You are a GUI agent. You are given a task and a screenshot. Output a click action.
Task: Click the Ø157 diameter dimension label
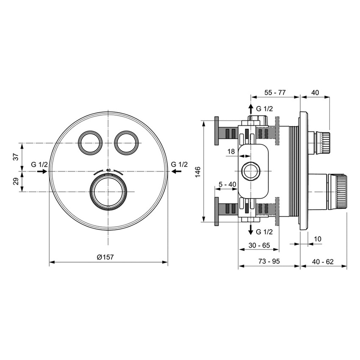(106, 257)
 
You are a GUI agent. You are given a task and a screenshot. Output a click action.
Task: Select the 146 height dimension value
(198, 172)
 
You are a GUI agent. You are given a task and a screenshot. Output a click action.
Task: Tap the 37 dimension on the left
(16, 157)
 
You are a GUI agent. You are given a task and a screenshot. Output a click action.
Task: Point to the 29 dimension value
(16, 182)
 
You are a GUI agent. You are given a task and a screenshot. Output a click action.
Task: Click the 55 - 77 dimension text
(275, 92)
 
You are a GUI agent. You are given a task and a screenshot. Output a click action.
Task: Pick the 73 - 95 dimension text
(270, 262)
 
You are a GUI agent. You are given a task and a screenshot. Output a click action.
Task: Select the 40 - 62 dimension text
(323, 262)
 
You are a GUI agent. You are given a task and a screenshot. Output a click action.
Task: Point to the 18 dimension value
(231, 151)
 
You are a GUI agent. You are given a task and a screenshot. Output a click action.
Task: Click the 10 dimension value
(318, 239)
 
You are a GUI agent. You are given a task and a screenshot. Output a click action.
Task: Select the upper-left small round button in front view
(90, 142)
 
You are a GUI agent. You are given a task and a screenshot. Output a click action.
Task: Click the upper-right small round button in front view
(126, 142)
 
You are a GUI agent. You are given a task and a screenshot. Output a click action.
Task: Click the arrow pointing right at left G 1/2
(42, 171)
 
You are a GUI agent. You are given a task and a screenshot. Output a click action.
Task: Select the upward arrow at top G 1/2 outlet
(251, 108)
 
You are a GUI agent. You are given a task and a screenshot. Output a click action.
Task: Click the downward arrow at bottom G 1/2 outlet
(251, 231)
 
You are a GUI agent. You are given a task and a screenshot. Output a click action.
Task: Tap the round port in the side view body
(250, 172)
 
